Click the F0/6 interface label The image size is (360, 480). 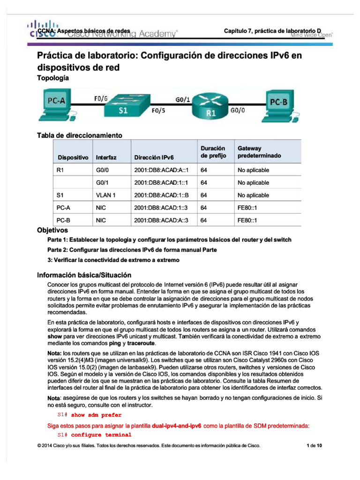[100, 99]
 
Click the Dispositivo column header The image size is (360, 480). [72, 157]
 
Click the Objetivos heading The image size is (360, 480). [52, 230]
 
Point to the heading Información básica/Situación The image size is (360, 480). [84, 275]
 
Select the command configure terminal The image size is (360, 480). [101, 435]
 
